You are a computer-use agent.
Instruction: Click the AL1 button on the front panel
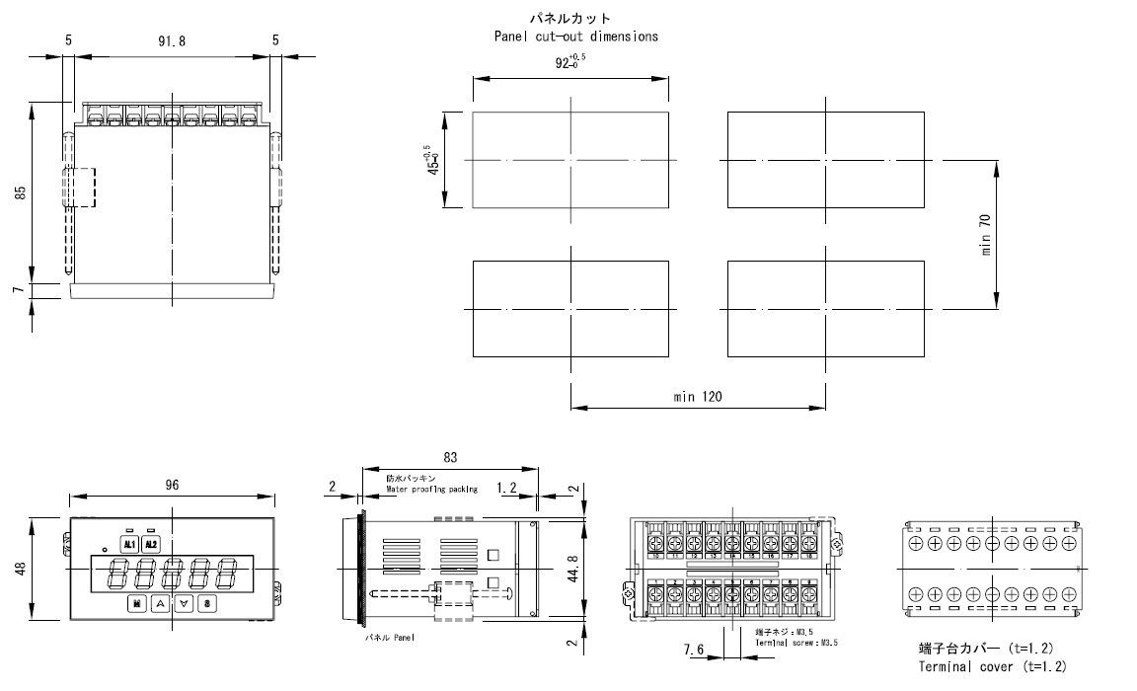point(129,544)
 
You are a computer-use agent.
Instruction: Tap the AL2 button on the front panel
point(150,544)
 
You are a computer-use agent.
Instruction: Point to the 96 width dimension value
point(172,485)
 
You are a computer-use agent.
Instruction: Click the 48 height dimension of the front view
point(21,571)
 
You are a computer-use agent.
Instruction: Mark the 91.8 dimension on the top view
point(172,40)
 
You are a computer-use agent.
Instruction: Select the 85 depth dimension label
point(21,194)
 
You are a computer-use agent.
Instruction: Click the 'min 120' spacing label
point(698,397)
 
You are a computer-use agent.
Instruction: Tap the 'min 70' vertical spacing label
point(986,234)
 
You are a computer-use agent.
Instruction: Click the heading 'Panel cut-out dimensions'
point(576,37)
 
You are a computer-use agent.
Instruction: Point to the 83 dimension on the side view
point(450,458)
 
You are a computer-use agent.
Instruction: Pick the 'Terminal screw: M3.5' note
point(796,643)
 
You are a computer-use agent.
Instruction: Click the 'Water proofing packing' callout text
point(431,489)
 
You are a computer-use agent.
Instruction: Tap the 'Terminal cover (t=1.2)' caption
point(992,667)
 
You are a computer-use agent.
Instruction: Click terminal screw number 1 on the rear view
point(655,595)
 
